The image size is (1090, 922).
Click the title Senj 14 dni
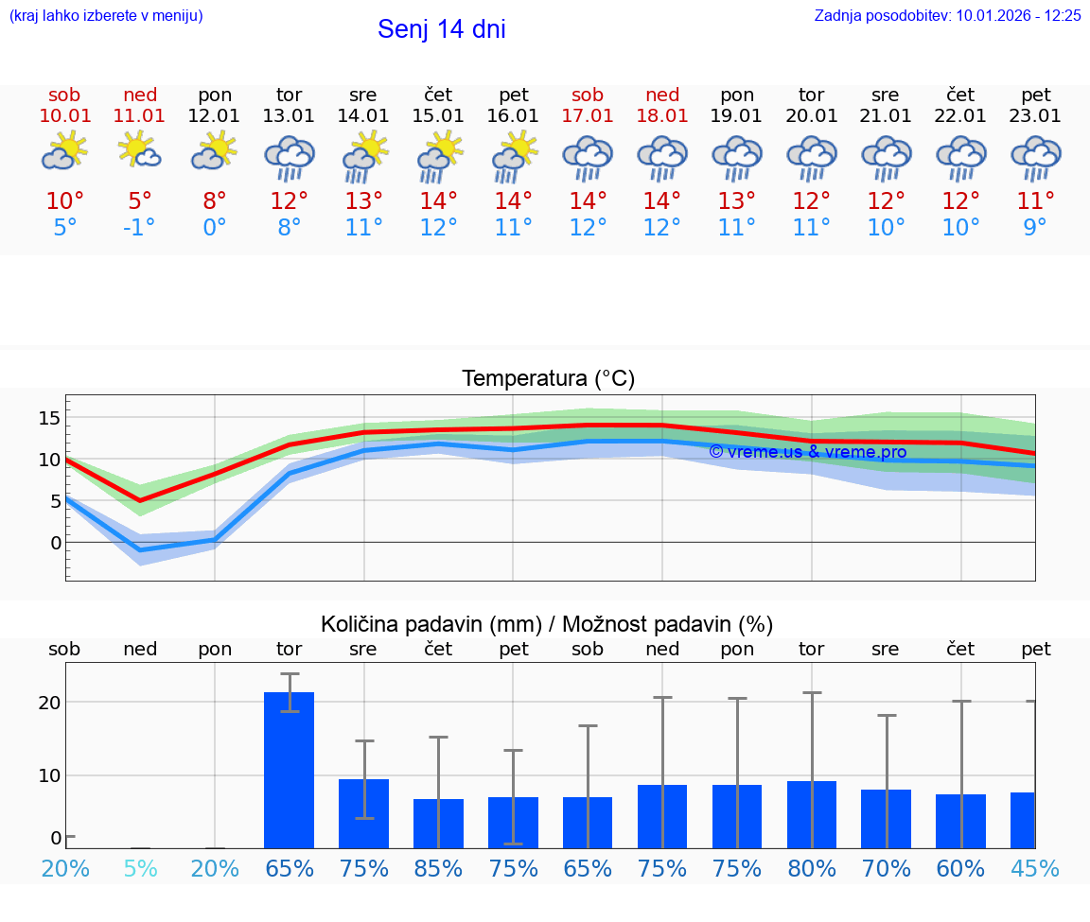pyautogui.click(x=441, y=29)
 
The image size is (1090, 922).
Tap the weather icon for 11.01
pyautogui.click(x=139, y=151)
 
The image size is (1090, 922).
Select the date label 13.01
pyautogui.click(x=289, y=115)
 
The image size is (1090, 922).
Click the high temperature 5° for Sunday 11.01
pyautogui.click(x=140, y=201)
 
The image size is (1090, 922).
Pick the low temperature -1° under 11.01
pyautogui.click(x=140, y=228)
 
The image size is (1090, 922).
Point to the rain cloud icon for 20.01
pyautogui.click(x=811, y=157)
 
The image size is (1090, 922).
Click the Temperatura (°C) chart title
pyautogui.click(x=548, y=379)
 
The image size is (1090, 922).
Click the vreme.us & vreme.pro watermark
pyautogui.click(x=807, y=452)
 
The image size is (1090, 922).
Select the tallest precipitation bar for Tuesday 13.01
pyautogui.click(x=289, y=770)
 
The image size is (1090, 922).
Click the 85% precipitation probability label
pyautogui.click(x=438, y=868)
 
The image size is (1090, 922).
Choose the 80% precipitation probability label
pyautogui.click(x=812, y=868)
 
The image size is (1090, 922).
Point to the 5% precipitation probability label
pyautogui.click(x=140, y=868)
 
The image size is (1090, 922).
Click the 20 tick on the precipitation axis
pyautogui.click(x=49, y=703)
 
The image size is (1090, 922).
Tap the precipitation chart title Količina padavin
pyautogui.click(x=547, y=624)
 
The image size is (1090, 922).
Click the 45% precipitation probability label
pyautogui.click(x=1035, y=868)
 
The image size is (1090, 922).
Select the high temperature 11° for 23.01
pyautogui.click(x=1035, y=201)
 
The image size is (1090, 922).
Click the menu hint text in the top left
pyautogui.click(x=106, y=15)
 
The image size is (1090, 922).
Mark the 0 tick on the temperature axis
pyautogui.click(x=55, y=543)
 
